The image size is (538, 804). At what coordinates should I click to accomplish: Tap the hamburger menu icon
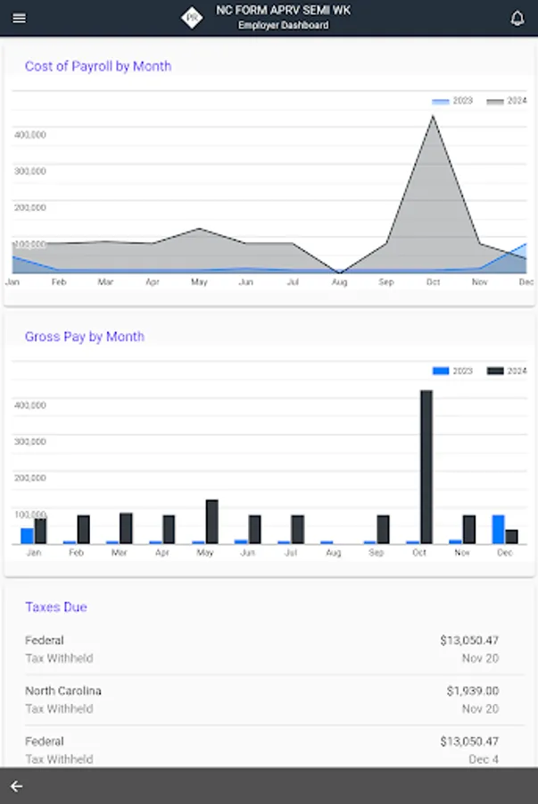pos(20,18)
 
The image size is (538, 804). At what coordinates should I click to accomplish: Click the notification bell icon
pos(517,18)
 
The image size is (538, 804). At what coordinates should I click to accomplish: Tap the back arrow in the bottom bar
pos(16,786)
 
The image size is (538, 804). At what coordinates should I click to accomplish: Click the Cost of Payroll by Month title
pos(98,66)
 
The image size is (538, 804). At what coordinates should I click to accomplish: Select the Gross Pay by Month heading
pos(85,337)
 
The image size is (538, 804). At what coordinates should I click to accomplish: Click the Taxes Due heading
pos(56,607)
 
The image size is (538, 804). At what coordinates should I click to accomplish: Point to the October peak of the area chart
pos(433,118)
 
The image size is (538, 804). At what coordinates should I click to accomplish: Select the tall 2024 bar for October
pos(426,466)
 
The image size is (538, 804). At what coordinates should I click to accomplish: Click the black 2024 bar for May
pos(211,522)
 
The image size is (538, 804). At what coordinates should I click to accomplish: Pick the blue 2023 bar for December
pos(498,529)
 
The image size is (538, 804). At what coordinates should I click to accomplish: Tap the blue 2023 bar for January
pos(27,535)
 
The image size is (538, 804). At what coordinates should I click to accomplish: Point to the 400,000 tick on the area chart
pos(30,134)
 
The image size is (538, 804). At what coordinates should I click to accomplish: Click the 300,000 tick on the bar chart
pos(30,441)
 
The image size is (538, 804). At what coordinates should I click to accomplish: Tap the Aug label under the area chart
pos(339,282)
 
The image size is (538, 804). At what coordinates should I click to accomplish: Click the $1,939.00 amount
pos(472,691)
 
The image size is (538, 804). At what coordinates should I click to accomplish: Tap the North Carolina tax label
pos(63,691)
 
